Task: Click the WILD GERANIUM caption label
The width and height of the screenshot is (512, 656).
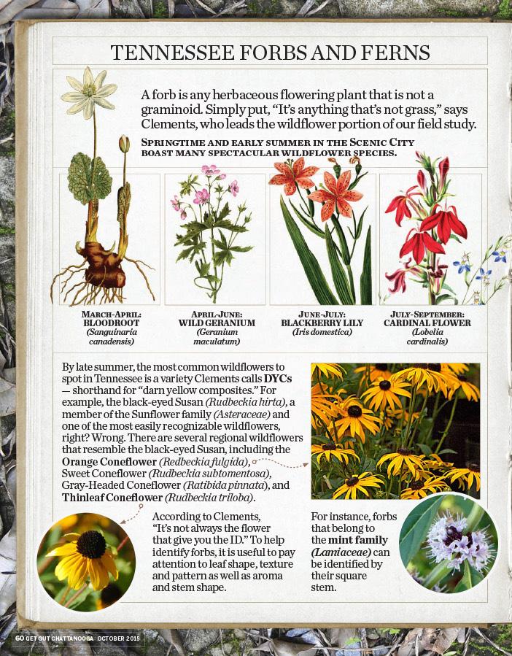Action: [217, 323]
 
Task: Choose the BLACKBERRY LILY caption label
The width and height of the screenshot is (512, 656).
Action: [322, 323]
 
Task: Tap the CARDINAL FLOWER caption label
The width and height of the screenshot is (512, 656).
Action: [427, 323]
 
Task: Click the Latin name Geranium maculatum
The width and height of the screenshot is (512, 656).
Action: [217, 336]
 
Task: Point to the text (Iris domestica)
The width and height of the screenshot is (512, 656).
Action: [322, 332]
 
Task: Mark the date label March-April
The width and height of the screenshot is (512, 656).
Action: [112, 314]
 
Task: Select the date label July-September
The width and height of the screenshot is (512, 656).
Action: [427, 314]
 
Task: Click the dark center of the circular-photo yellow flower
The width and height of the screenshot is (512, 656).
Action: [90, 545]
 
